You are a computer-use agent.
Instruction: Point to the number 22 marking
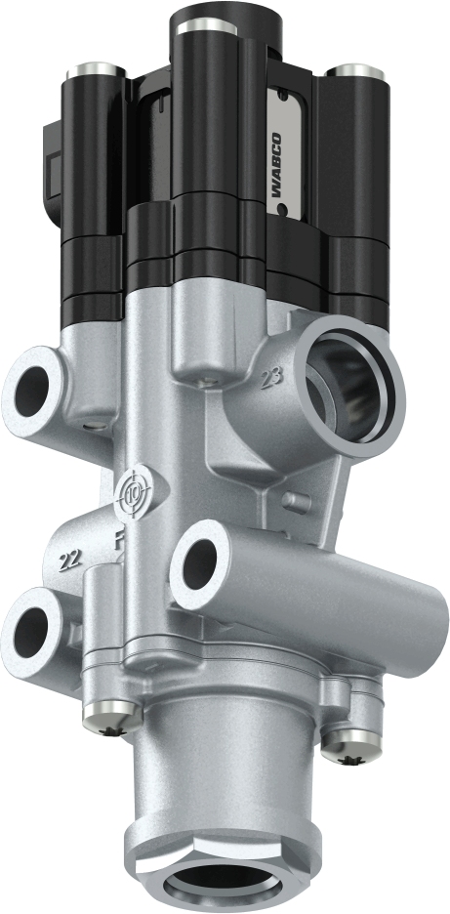(x=68, y=559)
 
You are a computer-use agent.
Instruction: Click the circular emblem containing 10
(x=132, y=496)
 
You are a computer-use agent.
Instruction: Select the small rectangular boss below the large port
(x=290, y=501)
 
